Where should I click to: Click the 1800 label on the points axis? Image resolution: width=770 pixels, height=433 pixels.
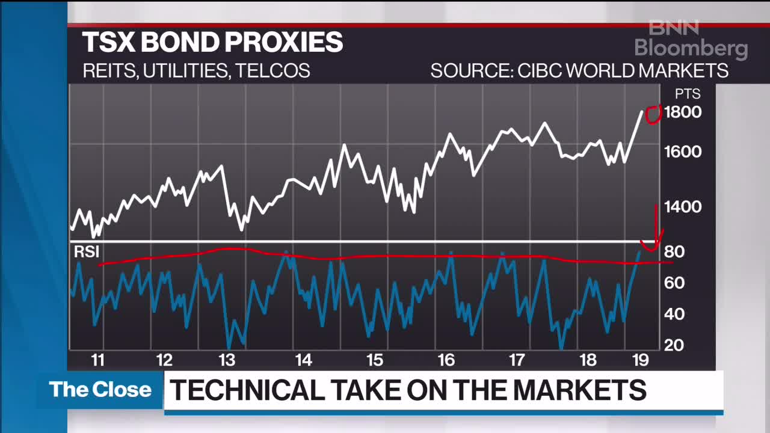coord(682,112)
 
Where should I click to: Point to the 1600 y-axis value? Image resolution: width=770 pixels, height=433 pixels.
coord(682,151)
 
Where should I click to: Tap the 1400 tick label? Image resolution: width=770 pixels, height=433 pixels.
coord(682,207)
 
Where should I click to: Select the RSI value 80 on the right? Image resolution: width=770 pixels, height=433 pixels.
coord(674,251)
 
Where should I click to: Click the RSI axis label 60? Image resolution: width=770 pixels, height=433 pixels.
coord(674,283)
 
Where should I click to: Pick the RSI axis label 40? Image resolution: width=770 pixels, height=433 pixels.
coord(674,314)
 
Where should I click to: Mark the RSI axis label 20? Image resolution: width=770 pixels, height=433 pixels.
coord(674,345)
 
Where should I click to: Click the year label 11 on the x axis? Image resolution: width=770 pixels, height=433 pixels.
coord(97,360)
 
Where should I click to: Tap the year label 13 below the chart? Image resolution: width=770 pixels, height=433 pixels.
coord(226,360)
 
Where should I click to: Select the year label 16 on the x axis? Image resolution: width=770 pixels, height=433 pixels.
coord(446,360)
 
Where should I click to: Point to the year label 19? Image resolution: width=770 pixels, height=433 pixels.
coord(641,360)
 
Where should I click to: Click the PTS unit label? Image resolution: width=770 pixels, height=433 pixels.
coord(687,94)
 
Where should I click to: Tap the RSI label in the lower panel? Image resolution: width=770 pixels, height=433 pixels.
coord(86,252)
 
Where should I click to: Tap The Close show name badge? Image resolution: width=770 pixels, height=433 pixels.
coord(100,390)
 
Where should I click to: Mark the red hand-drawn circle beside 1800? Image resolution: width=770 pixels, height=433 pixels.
coord(653,114)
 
